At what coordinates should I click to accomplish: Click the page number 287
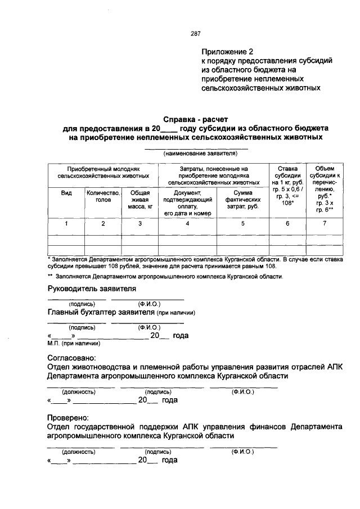[x=196, y=34]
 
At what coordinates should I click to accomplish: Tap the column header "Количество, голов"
[x=103, y=196]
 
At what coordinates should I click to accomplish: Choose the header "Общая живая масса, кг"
[x=140, y=200]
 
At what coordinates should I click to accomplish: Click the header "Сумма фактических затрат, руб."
[x=242, y=200]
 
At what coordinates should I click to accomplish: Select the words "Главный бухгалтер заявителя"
[x=101, y=313]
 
